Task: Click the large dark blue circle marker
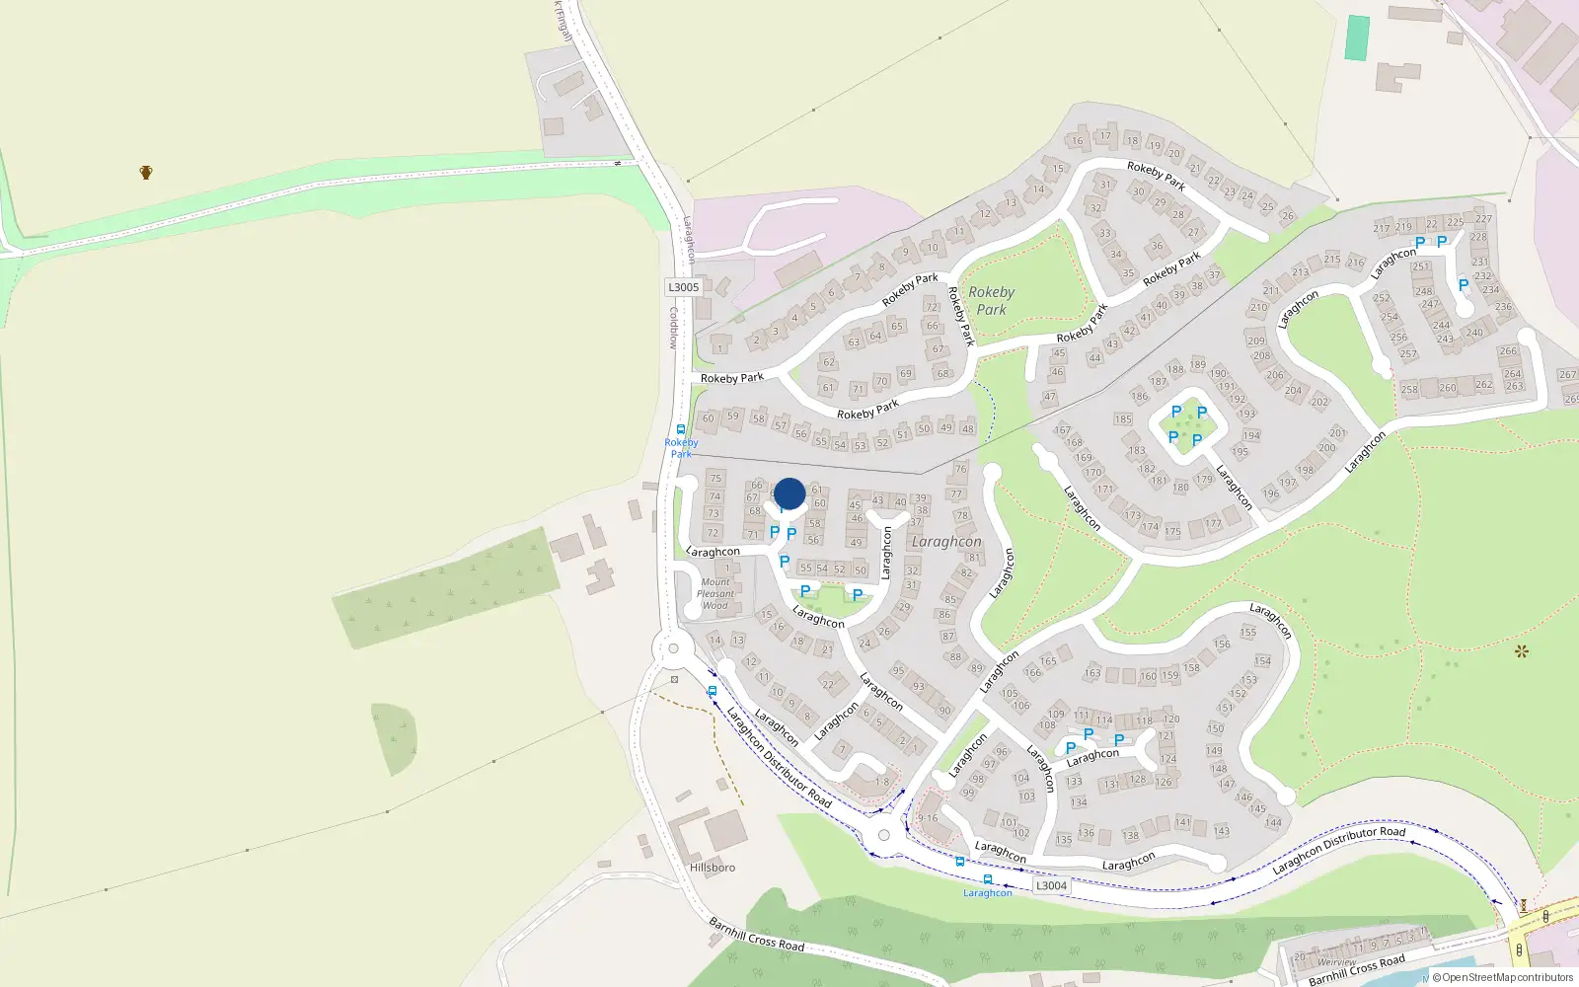(789, 493)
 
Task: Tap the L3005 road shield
(683, 287)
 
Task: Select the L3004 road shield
(1051, 885)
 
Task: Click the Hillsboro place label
(713, 868)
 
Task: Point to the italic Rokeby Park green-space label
(991, 301)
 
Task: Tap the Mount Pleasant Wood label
(715, 593)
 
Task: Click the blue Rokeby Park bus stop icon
(680, 429)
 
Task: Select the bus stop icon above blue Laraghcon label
(987, 878)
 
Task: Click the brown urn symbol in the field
(146, 173)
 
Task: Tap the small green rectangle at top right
(1358, 38)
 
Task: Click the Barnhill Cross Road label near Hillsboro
(757, 934)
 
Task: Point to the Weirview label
(1336, 962)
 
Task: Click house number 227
(1483, 219)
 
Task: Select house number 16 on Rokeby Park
(1077, 140)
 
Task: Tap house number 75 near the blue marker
(715, 479)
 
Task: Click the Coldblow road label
(674, 328)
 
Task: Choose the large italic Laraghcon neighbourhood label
(946, 541)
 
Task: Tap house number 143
(1222, 831)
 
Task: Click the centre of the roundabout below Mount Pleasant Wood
(673, 648)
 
